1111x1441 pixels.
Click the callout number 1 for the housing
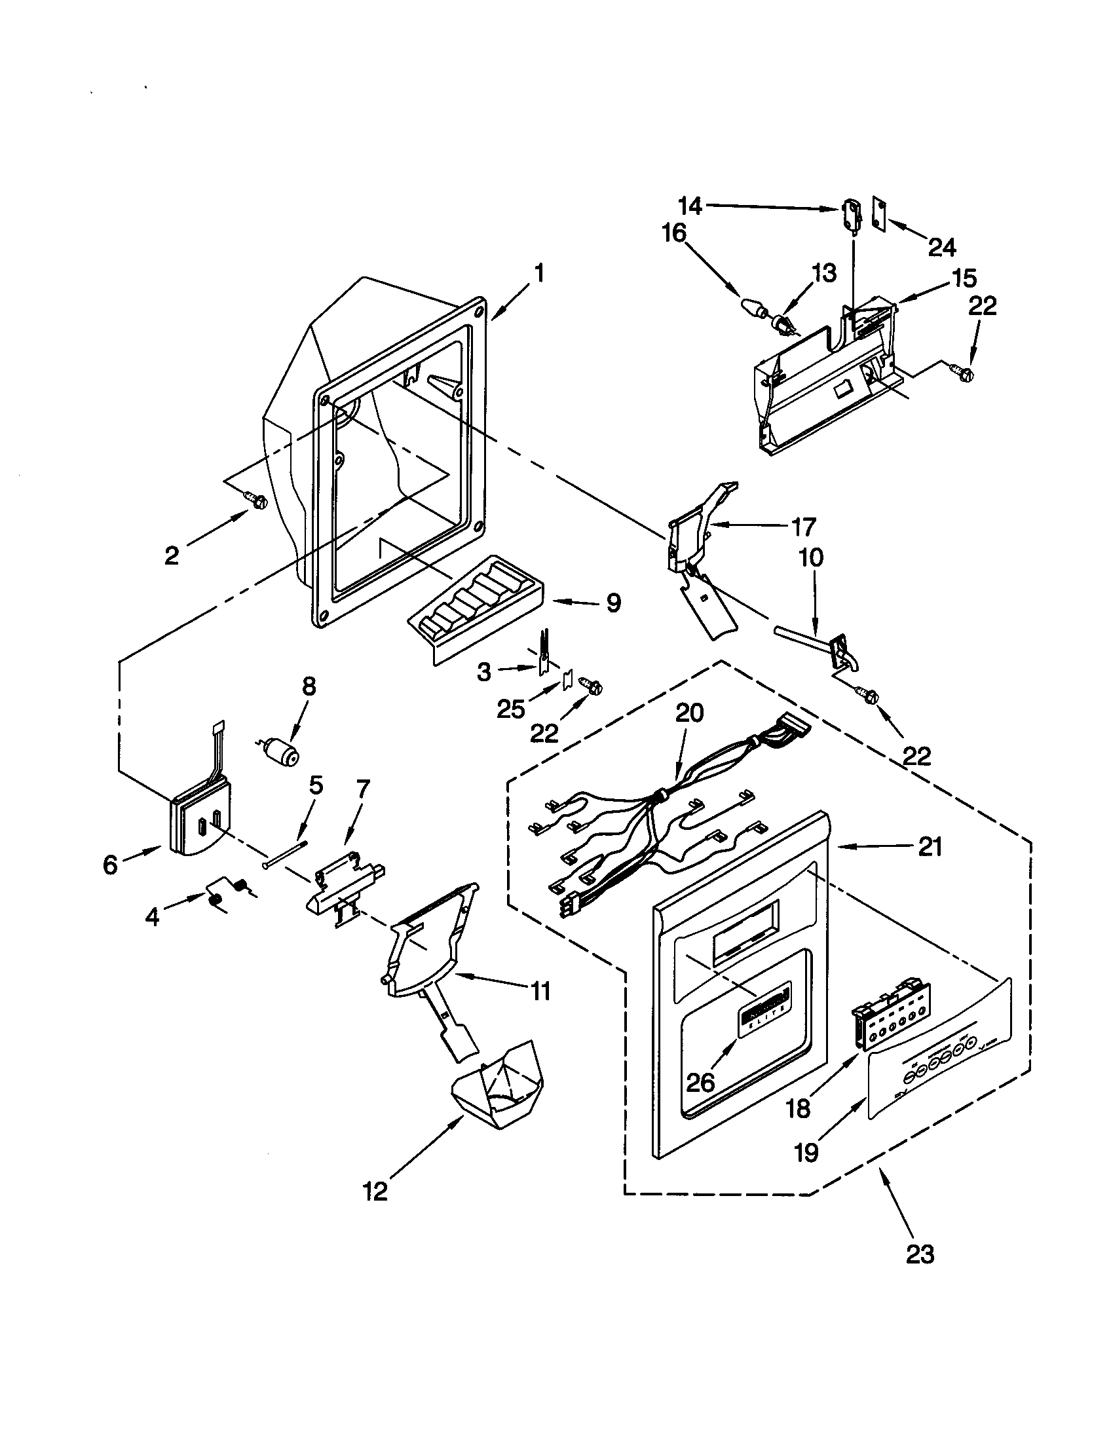click(540, 272)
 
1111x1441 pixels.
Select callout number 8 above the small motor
click(309, 686)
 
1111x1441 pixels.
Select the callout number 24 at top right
click(941, 248)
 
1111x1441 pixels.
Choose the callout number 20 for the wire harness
click(688, 713)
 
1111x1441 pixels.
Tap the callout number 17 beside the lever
click(803, 526)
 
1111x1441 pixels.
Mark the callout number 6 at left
click(110, 864)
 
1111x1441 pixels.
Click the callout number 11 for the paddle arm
click(540, 991)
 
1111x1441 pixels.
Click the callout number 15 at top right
click(964, 278)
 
